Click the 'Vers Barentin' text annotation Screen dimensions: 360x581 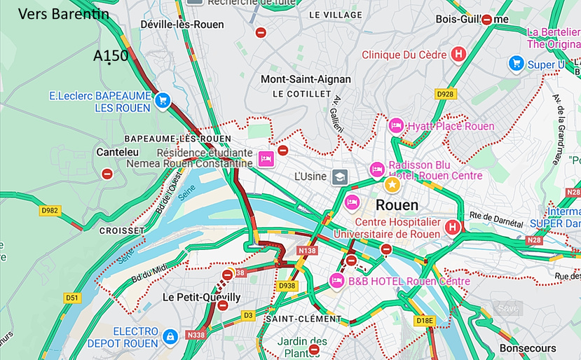click(63, 13)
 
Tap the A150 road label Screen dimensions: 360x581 click(111, 56)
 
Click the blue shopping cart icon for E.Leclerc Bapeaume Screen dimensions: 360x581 click(163, 100)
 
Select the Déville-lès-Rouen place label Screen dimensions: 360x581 click(182, 25)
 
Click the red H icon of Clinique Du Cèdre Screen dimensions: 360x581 click(458, 54)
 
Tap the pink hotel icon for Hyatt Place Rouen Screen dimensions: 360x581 click(396, 126)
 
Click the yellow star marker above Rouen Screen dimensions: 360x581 click(392, 185)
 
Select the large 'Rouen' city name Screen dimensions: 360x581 click(397, 205)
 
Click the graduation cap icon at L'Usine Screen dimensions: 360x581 click(340, 176)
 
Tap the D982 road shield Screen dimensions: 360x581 click(50, 209)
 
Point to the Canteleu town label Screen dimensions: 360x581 click(117, 151)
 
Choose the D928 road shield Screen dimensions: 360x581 click(445, 93)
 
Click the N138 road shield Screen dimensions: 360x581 click(307, 250)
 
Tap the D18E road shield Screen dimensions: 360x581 click(425, 321)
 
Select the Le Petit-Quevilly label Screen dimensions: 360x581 click(201, 297)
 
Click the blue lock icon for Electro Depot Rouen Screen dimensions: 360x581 click(170, 338)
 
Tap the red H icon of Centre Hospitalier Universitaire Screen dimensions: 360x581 click(453, 227)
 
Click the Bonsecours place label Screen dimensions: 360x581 click(528, 347)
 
